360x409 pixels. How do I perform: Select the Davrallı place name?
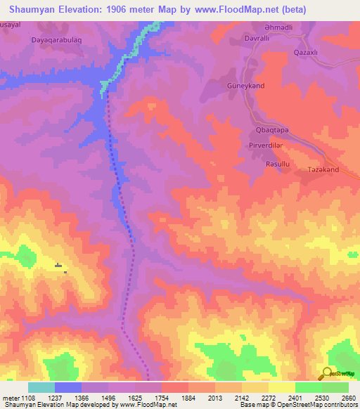(x=257, y=39)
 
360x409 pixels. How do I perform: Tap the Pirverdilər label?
(x=265, y=145)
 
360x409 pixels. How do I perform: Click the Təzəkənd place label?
(x=323, y=170)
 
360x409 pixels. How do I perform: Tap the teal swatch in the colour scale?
(x=41, y=387)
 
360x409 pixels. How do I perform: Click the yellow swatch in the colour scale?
(x=281, y=387)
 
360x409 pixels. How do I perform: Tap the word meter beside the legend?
(x=10, y=397)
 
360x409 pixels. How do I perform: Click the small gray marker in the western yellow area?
(x=58, y=266)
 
